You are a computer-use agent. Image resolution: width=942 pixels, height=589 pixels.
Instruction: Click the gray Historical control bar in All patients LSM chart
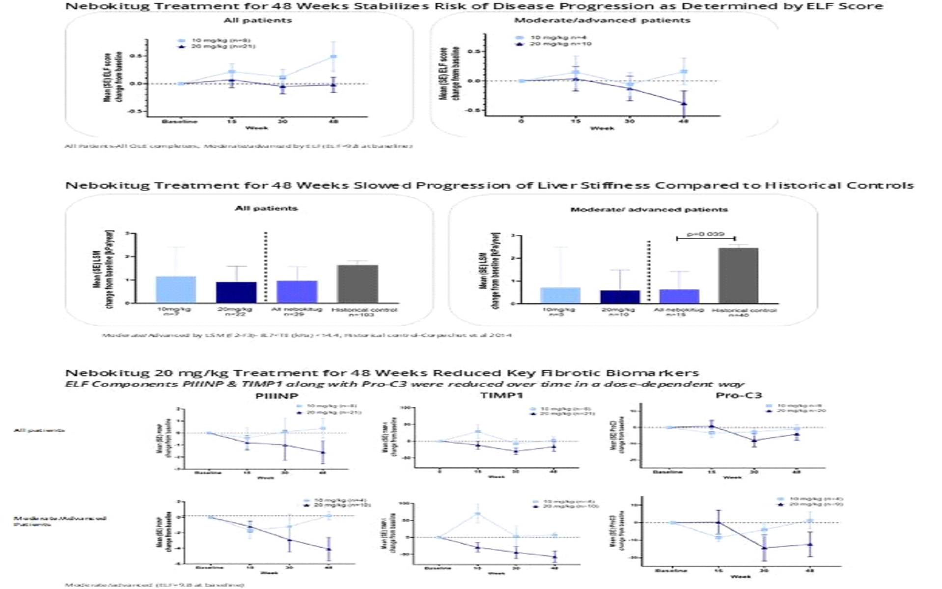[357, 284]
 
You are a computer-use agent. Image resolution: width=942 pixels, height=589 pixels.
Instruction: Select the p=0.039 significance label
[705, 234]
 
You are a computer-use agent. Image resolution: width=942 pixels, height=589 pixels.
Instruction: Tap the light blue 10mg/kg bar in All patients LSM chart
[176, 289]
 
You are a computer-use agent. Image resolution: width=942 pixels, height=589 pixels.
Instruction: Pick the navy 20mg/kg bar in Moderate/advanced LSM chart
[620, 297]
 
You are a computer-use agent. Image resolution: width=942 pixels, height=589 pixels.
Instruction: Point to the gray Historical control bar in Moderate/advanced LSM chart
[738, 276]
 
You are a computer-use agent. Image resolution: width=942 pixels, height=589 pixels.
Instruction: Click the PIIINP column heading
[277, 396]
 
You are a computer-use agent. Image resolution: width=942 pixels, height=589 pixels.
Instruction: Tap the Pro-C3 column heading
[739, 395]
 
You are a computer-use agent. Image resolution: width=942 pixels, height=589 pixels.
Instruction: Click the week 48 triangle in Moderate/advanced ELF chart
[684, 104]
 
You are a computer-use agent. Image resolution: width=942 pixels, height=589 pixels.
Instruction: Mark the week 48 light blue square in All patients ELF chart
[333, 56]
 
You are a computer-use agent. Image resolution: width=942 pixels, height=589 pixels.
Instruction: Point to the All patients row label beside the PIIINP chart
[39, 430]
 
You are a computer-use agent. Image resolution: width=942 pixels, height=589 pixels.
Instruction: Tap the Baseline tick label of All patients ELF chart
[180, 121]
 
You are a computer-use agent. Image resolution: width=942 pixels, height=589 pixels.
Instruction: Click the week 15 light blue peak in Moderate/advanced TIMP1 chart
[477, 513]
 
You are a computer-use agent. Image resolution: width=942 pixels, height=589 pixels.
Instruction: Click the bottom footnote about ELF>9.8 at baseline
[154, 585]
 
